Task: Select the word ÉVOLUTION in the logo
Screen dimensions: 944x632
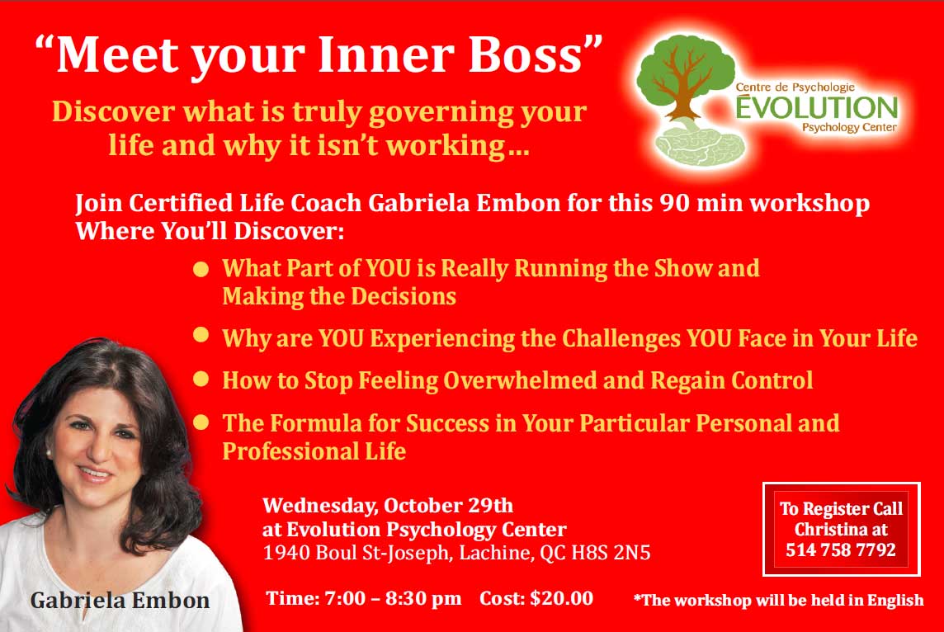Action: pos(817,107)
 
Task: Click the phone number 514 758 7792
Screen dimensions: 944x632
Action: pos(841,549)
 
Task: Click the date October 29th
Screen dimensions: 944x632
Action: pos(449,505)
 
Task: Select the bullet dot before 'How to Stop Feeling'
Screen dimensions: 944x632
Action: pos(201,380)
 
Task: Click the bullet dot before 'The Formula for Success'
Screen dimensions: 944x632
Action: pos(201,422)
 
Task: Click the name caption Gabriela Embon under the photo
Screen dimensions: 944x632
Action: pos(120,600)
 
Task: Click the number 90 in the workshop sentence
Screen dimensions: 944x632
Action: pos(674,203)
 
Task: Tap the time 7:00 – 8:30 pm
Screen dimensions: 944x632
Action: pos(393,598)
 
